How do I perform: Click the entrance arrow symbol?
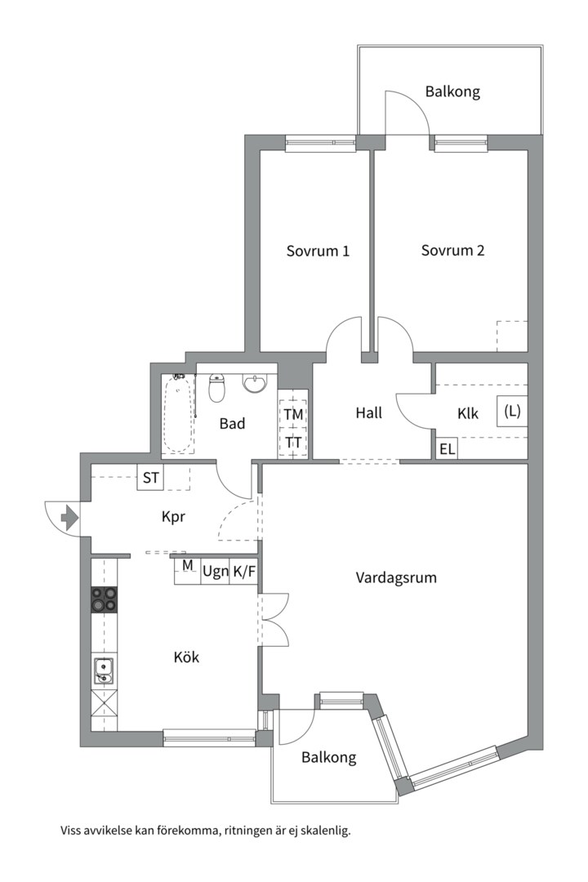pyautogui.click(x=69, y=516)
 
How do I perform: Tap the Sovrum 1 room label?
pyautogui.click(x=318, y=251)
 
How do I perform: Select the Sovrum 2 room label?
pyautogui.click(x=452, y=251)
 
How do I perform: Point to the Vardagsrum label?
pyautogui.click(x=396, y=577)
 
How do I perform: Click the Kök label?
pyautogui.click(x=186, y=657)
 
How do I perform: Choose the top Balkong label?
pyautogui.click(x=452, y=91)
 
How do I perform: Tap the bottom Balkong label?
pyautogui.click(x=328, y=757)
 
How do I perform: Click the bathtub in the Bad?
pyautogui.click(x=179, y=414)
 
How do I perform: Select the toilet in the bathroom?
pyautogui.click(x=217, y=390)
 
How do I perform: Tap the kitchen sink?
pyautogui.click(x=104, y=671)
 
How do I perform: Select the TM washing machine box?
pyautogui.click(x=293, y=414)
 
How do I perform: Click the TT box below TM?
pyautogui.click(x=293, y=443)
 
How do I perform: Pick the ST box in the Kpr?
pyautogui.click(x=151, y=478)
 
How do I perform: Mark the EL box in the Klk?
pyautogui.click(x=447, y=448)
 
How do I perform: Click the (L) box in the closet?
pyautogui.click(x=512, y=412)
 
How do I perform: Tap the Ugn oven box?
pyautogui.click(x=215, y=571)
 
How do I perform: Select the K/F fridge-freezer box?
pyautogui.click(x=244, y=571)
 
